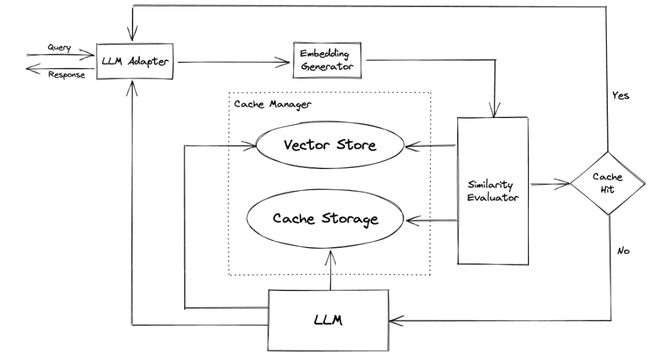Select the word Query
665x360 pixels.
click(x=60, y=47)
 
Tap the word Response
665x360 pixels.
click(x=68, y=74)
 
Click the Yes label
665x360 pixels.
click(x=620, y=95)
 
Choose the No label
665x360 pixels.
click(x=624, y=250)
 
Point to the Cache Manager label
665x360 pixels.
click(x=263, y=104)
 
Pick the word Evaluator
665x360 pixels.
click(x=493, y=197)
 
